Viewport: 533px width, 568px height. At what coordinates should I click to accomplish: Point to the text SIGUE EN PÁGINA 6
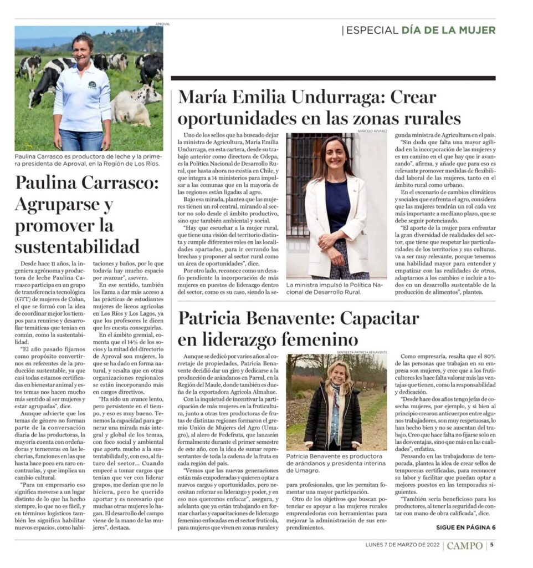point(466,528)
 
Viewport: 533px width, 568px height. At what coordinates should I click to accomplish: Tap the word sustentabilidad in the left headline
point(77,246)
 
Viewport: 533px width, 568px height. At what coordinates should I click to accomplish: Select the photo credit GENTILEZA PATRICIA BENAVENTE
point(361,352)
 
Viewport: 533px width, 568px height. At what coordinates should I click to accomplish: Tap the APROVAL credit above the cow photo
point(163,24)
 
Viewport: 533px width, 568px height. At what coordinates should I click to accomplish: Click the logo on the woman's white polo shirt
point(92,84)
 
